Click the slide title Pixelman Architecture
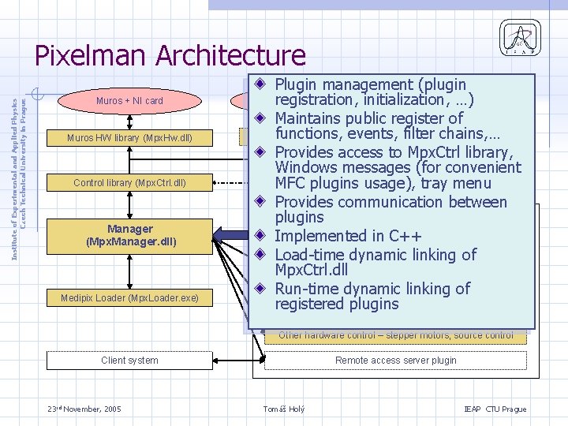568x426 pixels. [170, 56]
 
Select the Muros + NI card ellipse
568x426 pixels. [129, 101]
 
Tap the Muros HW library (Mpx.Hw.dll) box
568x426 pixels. [129, 138]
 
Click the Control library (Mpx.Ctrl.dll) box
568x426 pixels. [129, 183]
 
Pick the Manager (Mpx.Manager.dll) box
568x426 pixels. [129, 235]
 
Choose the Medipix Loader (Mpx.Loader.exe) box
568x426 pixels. [129, 297]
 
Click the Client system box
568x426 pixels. [129, 361]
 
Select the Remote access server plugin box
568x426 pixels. [395, 361]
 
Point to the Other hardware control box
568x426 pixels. [395, 335]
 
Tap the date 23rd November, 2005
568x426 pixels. [83, 409]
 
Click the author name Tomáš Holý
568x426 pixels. [283, 409]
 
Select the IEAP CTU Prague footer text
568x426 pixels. [495, 409]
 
